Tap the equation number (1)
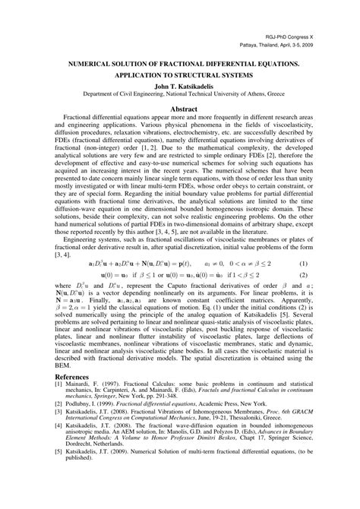(324, 262)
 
